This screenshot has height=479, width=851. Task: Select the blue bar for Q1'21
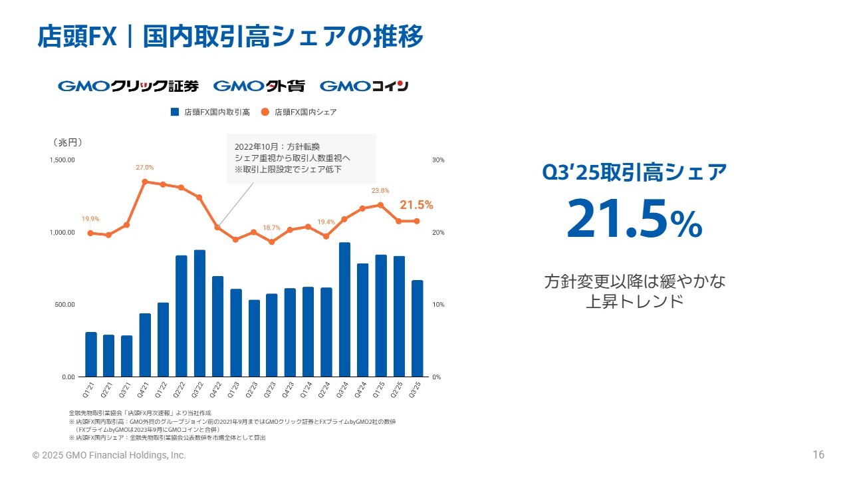pyautogui.click(x=91, y=354)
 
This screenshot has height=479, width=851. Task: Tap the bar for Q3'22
pyautogui.click(x=199, y=313)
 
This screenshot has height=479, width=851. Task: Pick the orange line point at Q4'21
pyautogui.click(x=145, y=181)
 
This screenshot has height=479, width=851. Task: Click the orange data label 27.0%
pyautogui.click(x=145, y=167)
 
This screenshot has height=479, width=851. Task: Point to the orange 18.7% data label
pyautogui.click(x=271, y=228)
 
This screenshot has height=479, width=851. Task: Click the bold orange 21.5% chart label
pyautogui.click(x=416, y=205)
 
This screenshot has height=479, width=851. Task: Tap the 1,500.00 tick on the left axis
pyautogui.click(x=62, y=160)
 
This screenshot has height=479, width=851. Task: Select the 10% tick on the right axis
pyautogui.click(x=438, y=305)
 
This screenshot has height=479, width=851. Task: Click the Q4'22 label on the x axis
pyautogui.click(x=217, y=388)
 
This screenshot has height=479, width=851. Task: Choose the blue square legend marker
pyautogui.click(x=176, y=112)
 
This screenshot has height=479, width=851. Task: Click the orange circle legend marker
pyautogui.click(x=265, y=112)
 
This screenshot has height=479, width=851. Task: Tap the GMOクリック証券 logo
pyautogui.click(x=128, y=86)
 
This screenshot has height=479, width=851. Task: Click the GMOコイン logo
pyautogui.click(x=364, y=86)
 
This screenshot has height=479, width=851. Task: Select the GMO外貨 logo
pyautogui.click(x=259, y=86)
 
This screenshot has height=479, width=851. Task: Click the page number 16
pyautogui.click(x=818, y=455)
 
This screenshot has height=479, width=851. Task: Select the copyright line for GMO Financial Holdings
pyautogui.click(x=110, y=456)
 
